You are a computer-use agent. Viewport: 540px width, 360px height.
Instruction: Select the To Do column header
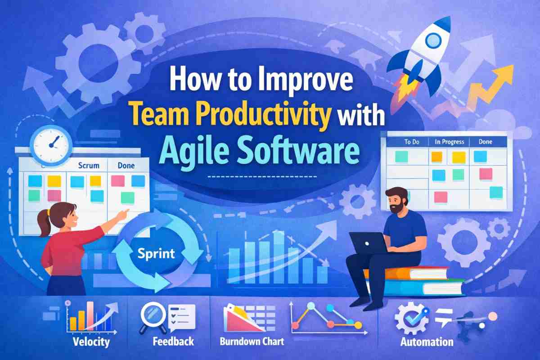(411, 142)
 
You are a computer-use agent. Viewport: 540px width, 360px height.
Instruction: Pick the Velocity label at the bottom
(90, 342)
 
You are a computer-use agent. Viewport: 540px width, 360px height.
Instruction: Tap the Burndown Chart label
(252, 342)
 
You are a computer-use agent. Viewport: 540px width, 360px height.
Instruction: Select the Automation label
(427, 342)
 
